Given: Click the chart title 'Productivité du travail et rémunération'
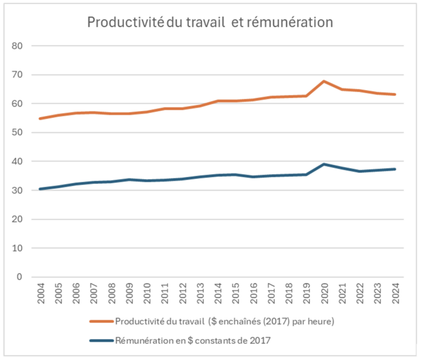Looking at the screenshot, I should click(210, 23).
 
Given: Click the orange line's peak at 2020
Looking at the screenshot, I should click(324, 81).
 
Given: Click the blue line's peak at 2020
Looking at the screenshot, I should click(324, 164).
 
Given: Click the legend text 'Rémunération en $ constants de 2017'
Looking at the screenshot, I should click(192, 341).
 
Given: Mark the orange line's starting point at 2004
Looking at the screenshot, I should click(40, 118).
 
